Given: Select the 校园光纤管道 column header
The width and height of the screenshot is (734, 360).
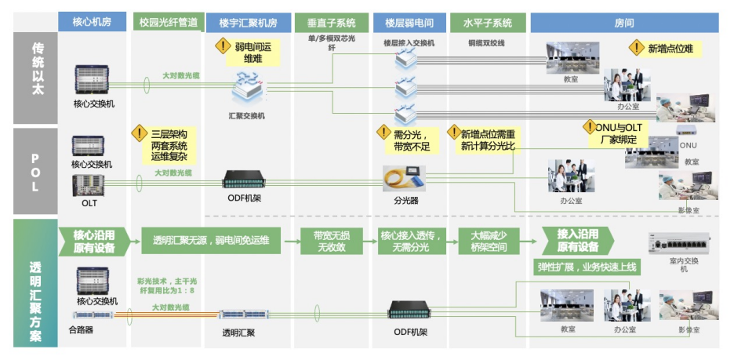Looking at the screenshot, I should pyautogui.click(x=167, y=22).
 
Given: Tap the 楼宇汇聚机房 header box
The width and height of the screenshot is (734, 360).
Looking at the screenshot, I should pyautogui.click(x=249, y=22).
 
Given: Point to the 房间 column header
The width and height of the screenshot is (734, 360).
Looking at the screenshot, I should pyautogui.click(x=625, y=22).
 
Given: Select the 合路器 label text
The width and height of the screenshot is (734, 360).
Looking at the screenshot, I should pyautogui.click(x=82, y=330).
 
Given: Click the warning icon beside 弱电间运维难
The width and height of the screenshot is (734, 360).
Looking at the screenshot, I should pyautogui.click(x=222, y=47).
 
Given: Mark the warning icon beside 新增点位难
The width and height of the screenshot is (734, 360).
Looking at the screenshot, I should pyautogui.click(x=636, y=48).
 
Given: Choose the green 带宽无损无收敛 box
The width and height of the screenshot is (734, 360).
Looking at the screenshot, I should pyautogui.click(x=332, y=241).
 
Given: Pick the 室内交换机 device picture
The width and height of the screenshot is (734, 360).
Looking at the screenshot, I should pyautogui.click(x=679, y=245).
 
